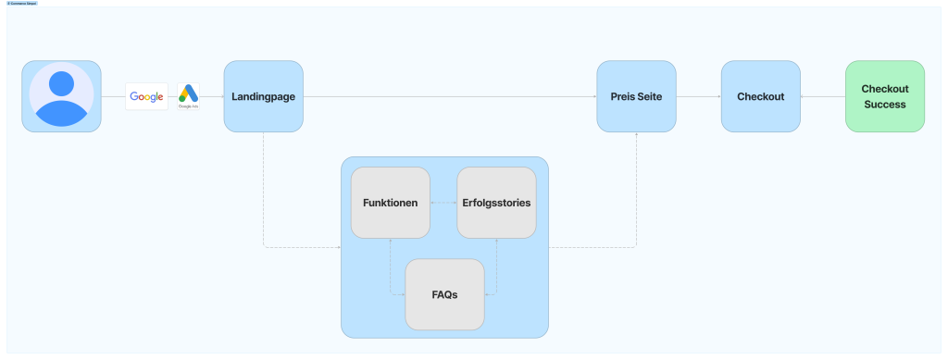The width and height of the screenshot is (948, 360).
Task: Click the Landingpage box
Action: (264, 96)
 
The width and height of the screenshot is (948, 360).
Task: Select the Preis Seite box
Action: (636, 96)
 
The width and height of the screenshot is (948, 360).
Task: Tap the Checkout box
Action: (760, 96)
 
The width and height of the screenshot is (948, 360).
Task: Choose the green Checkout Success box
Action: (885, 96)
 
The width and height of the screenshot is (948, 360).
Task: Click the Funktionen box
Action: (390, 203)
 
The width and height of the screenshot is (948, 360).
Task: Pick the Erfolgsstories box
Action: (496, 203)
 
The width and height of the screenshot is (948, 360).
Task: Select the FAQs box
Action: (444, 294)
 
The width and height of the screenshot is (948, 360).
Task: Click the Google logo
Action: (146, 96)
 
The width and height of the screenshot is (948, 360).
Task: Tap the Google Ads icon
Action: (189, 95)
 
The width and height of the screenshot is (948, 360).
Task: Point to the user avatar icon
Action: (61, 96)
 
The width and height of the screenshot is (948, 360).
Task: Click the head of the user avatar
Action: (61, 83)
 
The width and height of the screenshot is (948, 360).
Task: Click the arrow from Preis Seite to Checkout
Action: (698, 96)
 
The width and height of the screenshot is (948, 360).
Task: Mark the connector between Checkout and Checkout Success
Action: (822, 96)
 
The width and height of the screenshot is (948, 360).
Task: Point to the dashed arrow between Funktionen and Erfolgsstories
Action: (443, 203)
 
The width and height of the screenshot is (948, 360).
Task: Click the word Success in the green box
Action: (885, 105)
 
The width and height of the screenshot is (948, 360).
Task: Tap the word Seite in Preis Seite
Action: (648, 96)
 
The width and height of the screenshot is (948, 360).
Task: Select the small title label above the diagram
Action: (21, 3)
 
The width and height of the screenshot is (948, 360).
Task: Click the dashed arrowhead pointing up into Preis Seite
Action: (636, 135)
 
